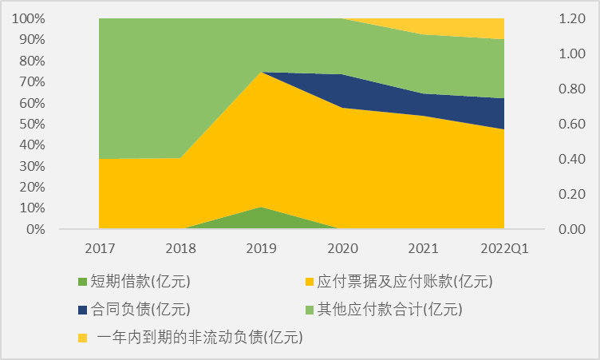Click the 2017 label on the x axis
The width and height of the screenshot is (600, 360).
(x=99, y=247)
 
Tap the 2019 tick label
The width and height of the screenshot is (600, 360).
(x=261, y=247)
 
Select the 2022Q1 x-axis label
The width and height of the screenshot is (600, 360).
(x=504, y=247)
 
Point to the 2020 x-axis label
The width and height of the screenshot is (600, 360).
(x=342, y=247)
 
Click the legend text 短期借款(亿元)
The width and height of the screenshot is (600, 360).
(x=140, y=281)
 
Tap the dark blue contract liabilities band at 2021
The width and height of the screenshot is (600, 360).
(x=423, y=105)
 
